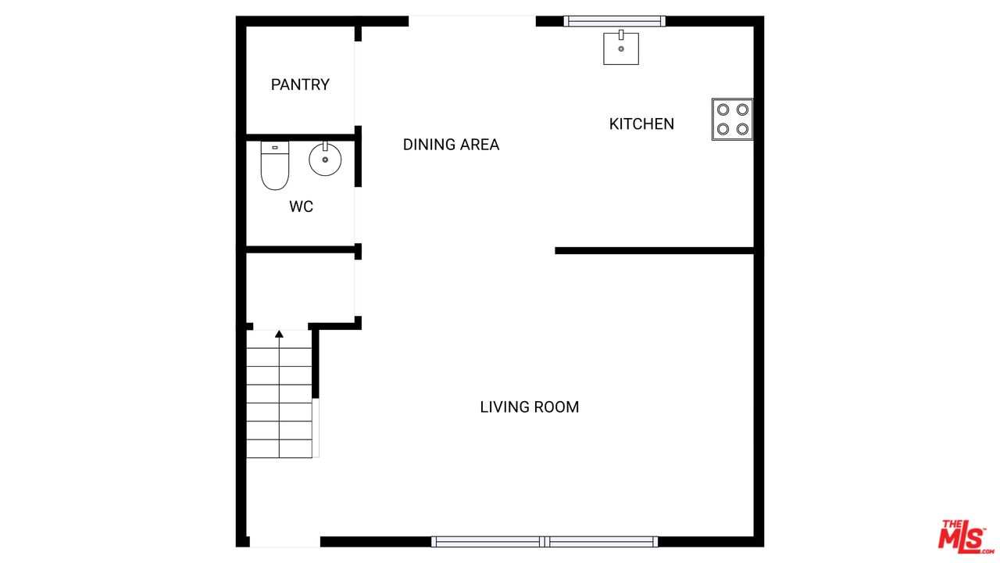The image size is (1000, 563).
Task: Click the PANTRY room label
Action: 300,84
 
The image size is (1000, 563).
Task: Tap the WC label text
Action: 301,206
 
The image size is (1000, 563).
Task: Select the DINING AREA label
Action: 451,145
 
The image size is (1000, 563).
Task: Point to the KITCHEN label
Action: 641,124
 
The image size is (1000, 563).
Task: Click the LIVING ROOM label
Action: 530,407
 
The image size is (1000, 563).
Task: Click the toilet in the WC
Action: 275,165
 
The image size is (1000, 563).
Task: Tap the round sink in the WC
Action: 325,159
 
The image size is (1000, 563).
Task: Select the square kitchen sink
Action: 621,48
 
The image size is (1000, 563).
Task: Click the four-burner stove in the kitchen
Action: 732,120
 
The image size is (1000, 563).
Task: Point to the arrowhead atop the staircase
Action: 279,334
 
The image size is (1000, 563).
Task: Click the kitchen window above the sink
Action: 614,21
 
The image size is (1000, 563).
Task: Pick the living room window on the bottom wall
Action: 545,542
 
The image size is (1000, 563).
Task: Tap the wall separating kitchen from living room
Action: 655,251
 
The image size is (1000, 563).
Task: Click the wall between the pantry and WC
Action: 301,137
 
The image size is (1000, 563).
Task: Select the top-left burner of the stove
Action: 723,109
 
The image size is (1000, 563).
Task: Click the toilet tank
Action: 275,148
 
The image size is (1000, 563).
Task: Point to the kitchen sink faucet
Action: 621,35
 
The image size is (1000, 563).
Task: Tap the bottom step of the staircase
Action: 279,449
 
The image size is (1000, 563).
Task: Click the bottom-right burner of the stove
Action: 742,129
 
